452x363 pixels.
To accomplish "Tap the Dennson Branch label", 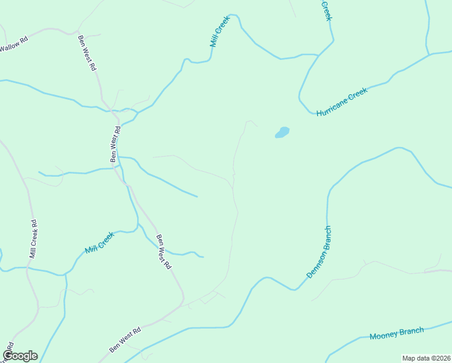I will click(319, 252).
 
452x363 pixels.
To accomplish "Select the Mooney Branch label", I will click(396, 333).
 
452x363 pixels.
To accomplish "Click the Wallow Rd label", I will click(13, 46).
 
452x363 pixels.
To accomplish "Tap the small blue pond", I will click(282, 132).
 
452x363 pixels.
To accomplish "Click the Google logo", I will click(20, 355).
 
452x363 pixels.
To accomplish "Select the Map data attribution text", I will click(426, 358).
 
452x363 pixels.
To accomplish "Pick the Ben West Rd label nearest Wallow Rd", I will click(87, 54).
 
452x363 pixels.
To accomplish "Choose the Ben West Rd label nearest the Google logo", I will click(125, 340).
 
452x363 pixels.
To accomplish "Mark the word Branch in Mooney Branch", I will click(412, 331).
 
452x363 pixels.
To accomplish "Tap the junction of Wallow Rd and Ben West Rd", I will click(77, 31).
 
